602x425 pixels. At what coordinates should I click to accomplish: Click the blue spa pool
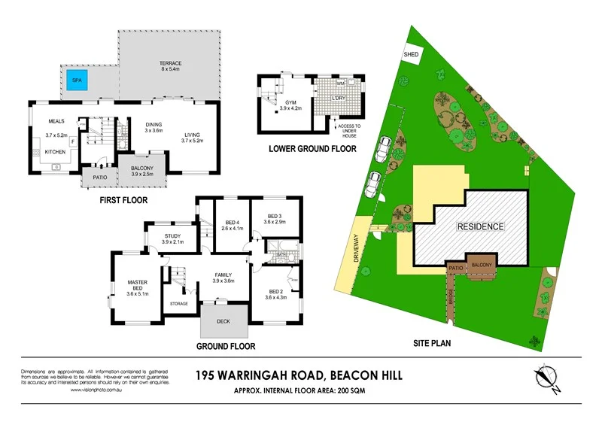coord(76,80)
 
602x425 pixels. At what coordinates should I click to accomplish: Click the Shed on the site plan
coord(412,55)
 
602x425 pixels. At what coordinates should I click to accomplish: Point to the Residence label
coord(480,226)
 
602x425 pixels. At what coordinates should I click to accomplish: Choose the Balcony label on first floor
coord(142,168)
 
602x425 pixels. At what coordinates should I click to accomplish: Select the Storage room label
coord(178,303)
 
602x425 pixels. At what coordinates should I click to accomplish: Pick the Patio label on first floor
coord(100,178)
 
